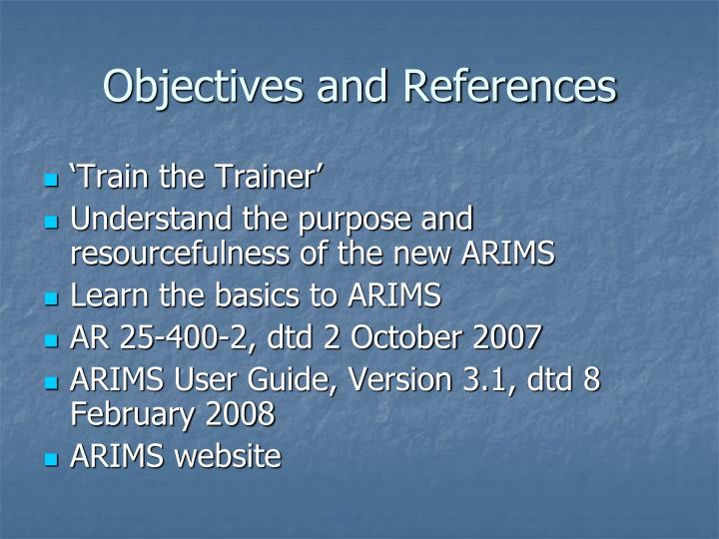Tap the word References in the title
(x=509, y=86)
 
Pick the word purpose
(x=359, y=218)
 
